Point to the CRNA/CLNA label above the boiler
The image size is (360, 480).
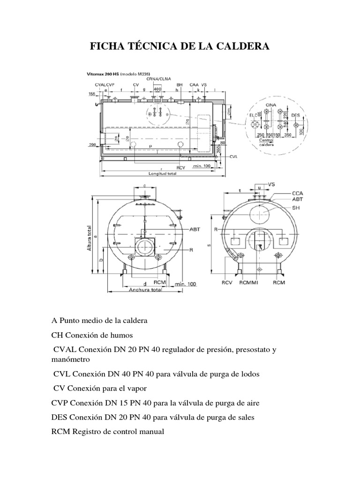157,79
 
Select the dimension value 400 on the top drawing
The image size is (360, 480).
157,89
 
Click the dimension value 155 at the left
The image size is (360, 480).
91,94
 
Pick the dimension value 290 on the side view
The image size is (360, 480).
92,145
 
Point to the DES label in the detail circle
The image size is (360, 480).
295,114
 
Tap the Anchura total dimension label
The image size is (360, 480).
145,290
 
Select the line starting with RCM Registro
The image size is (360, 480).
108,432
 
